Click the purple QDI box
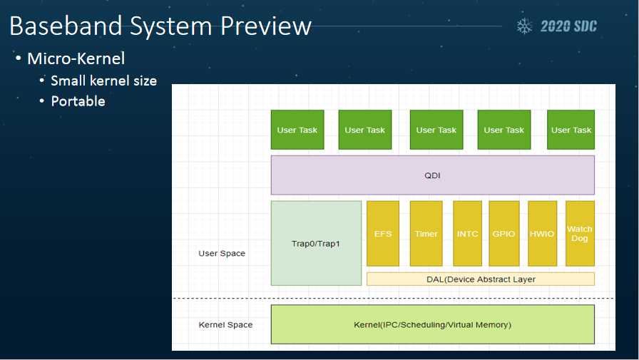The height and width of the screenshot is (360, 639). pyautogui.click(x=432, y=175)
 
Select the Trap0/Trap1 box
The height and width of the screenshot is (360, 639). pyautogui.click(x=316, y=243)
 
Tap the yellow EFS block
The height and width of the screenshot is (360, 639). pyautogui.click(x=383, y=233)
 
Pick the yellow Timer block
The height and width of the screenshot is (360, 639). pyautogui.click(x=426, y=233)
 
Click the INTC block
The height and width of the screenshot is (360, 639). pyautogui.click(x=467, y=233)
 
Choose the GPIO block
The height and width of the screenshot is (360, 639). pyautogui.click(x=504, y=233)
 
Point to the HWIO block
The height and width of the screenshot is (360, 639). pyautogui.click(x=543, y=233)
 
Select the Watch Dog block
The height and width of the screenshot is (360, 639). pyautogui.click(x=580, y=233)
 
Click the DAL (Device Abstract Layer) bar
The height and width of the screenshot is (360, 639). pyautogui.click(x=481, y=279)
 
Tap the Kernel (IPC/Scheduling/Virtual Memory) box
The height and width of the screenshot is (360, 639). pyautogui.click(x=432, y=324)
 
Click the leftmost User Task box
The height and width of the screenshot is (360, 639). pyautogui.click(x=297, y=130)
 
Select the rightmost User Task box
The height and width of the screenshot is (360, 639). pyautogui.click(x=571, y=130)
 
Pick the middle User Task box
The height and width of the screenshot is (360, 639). pyautogui.click(x=436, y=130)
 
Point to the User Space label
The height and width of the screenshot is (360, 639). pyautogui.click(x=222, y=253)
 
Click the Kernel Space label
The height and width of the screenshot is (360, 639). pyautogui.click(x=225, y=324)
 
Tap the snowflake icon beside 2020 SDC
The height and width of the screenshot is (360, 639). pyautogui.click(x=524, y=26)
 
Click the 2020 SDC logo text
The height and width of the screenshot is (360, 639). pyautogui.click(x=568, y=26)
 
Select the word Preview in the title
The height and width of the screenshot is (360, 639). pyautogui.click(x=266, y=26)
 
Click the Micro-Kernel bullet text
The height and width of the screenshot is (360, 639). pyautogui.click(x=76, y=58)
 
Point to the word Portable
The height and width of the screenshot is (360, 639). pyautogui.click(x=78, y=101)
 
